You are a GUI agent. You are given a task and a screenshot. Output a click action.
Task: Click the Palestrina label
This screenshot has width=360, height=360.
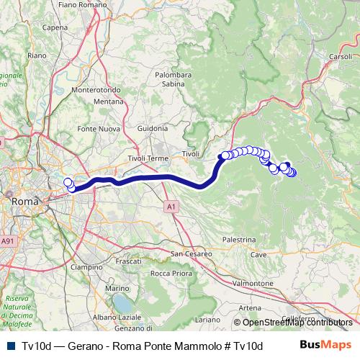click(x=239, y=239)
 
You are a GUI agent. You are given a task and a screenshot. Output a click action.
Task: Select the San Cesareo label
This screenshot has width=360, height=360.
click(x=192, y=253)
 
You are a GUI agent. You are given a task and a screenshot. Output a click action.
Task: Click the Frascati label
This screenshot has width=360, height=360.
click(x=128, y=261)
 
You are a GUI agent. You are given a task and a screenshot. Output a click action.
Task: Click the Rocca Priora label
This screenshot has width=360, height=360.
click(x=171, y=273)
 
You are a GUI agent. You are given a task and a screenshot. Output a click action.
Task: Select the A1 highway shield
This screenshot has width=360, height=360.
click(x=171, y=207)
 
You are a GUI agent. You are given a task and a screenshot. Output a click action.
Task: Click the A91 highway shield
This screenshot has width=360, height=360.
click(x=7, y=240)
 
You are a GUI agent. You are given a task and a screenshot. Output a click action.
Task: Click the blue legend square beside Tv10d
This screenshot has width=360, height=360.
click(x=9, y=346)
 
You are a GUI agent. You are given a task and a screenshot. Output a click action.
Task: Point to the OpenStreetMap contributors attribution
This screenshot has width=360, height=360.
click(x=297, y=323)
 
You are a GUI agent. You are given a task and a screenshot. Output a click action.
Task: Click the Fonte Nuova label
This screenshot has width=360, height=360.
click(x=97, y=128)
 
